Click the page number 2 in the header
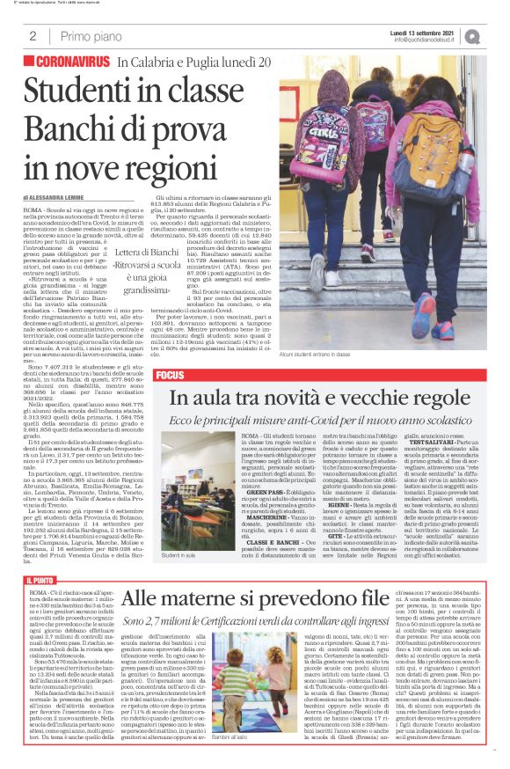click(32, 36)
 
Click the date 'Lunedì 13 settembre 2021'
click(424, 32)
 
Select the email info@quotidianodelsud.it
click(424, 40)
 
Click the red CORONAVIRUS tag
click(66, 63)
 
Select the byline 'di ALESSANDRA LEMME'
click(55, 198)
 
